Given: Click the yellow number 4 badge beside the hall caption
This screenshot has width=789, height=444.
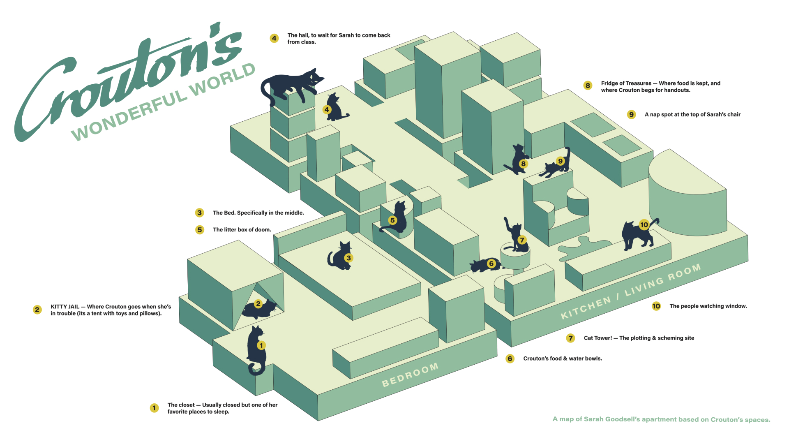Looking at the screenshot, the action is [274, 38].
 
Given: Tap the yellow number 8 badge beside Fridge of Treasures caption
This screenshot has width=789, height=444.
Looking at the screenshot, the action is [588, 86].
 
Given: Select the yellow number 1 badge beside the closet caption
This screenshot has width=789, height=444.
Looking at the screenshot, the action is [154, 408].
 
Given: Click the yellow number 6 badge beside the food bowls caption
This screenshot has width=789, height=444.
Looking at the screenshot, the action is [510, 358].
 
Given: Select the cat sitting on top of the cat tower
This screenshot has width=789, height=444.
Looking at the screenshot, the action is [516, 238].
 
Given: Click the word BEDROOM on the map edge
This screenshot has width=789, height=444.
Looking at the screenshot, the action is [410, 375].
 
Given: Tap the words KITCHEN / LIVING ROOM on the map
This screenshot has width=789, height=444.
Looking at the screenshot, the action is [631, 291].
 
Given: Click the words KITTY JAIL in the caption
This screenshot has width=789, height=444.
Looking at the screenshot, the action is [65, 307].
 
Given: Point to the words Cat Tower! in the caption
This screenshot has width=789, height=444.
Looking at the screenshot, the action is [598, 338].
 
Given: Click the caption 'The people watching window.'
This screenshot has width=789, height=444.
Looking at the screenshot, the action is [708, 306].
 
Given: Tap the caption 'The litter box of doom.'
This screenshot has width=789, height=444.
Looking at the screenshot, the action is [242, 230].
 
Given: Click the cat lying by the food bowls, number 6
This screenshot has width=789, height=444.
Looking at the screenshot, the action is [485, 265].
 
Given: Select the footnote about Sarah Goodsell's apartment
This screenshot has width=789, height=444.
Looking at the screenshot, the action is [661, 419].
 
